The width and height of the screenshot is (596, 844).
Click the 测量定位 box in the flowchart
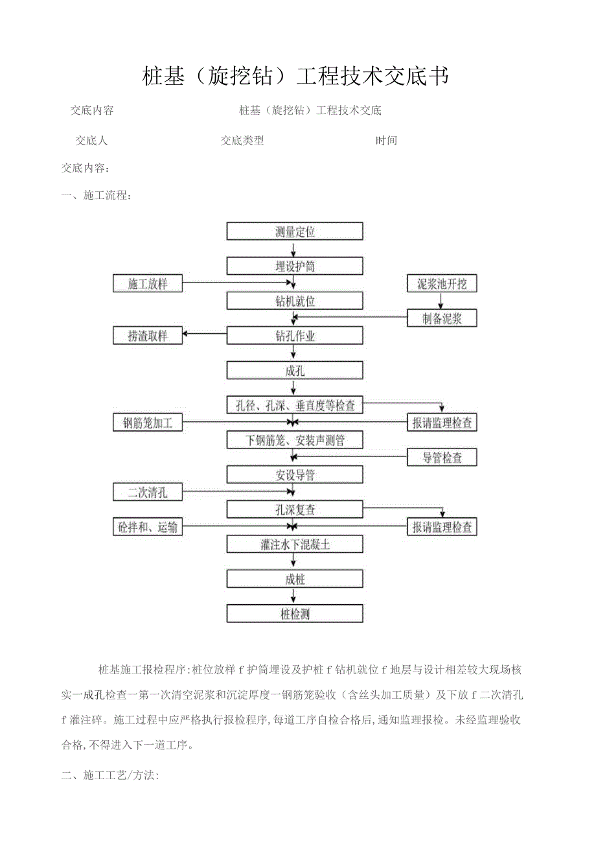click(295, 231)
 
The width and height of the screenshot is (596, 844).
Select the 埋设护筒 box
click(295, 266)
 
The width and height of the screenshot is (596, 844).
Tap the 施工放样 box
click(147, 284)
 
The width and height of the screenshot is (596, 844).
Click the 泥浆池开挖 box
click(442, 284)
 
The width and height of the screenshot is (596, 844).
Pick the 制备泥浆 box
click(442, 318)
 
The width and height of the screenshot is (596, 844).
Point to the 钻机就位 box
click(295, 301)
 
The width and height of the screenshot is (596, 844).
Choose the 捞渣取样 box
click(147, 336)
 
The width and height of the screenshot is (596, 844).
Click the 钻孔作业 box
click(295, 336)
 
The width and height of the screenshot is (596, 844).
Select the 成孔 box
click(295, 371)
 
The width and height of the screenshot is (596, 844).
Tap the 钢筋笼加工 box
click(147, 423)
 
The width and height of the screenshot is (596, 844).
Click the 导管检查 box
click(442, 458)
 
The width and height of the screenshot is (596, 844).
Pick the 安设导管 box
click(295, 475)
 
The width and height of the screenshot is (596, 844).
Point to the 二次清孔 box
click(147, 493)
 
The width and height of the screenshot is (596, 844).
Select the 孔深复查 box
click(295, 510)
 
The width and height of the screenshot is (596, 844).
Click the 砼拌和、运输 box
click(147, 528)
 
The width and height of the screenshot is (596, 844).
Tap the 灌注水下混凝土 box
click(295, 545)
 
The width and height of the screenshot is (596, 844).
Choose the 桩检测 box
click(295, 614)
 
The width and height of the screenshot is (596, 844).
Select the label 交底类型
click(242, 141)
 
